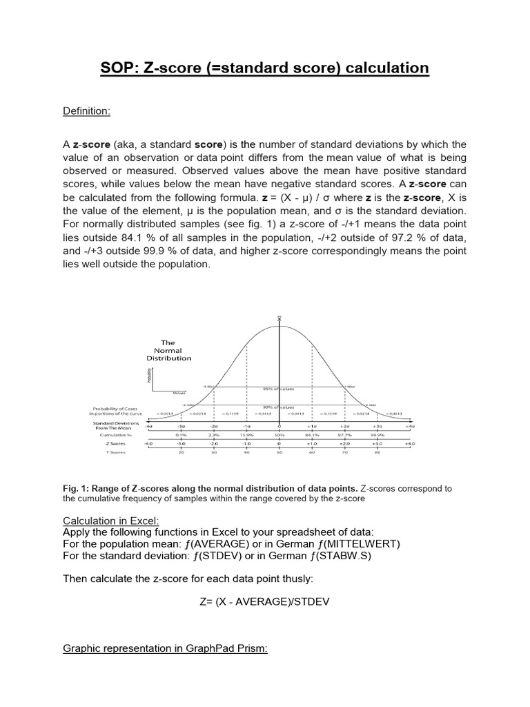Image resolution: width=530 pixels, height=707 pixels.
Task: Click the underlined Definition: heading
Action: pos(86,112)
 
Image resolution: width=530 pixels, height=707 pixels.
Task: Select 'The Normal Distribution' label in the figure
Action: pos(168,350)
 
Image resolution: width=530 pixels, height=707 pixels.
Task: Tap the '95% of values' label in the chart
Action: pos(279,389)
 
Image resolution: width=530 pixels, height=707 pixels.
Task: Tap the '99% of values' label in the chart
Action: pos(279,407)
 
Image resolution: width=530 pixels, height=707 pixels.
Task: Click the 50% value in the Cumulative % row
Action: pos(279,436)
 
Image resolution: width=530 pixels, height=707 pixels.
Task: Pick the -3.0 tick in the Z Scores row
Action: pos(181,445)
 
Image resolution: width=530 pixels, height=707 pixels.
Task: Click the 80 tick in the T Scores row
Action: pos(377,454)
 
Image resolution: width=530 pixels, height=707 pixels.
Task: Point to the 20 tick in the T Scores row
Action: pos(181,454)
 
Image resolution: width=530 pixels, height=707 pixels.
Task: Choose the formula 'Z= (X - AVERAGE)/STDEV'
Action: pos(264,601)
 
